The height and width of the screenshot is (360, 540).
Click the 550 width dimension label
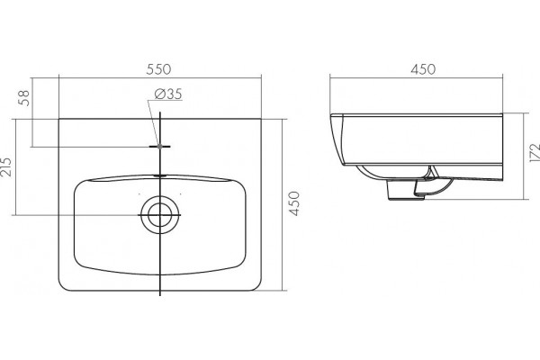(158, 69)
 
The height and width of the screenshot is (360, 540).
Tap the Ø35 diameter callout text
(168, 94)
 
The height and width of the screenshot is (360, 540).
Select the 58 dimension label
(25, 98)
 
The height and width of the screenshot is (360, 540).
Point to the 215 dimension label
(6, 167)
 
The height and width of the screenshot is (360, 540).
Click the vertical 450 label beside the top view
(294, 203)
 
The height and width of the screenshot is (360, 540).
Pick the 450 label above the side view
(423, 69)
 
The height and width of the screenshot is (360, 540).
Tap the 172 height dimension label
(535, 153)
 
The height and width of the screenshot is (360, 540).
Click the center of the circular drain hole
(160, 214)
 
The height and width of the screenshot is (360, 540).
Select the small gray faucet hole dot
(160, 147)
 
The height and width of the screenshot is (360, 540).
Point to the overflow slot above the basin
(160, 175)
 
